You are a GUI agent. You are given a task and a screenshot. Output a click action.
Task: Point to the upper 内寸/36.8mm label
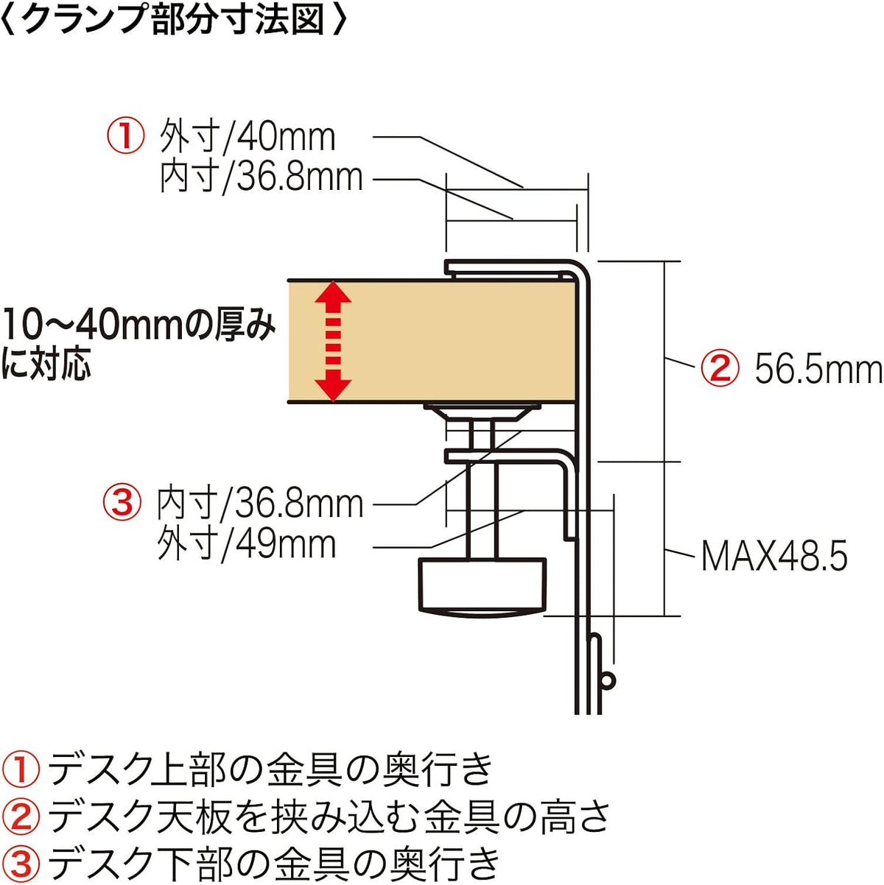point(261,177)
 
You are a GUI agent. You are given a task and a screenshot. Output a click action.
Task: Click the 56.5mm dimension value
point(818,370)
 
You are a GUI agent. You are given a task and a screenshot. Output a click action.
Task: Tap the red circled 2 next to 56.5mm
point(720,370)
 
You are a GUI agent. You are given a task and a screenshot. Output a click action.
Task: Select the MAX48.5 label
point(774,556)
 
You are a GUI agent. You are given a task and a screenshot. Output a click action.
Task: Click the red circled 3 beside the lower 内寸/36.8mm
point(122,503)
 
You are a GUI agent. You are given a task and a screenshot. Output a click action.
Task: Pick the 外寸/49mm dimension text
point(247,545)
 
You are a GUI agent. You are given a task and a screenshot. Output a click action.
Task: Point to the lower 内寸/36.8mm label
point(260,504)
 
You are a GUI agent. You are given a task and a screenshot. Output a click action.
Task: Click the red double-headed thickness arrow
point(333,341)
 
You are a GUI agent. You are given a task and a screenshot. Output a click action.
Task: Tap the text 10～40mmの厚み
point(138,326)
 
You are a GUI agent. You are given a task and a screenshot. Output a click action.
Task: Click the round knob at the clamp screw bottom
point(482,587)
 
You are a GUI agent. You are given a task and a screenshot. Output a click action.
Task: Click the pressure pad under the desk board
point(482,410)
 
